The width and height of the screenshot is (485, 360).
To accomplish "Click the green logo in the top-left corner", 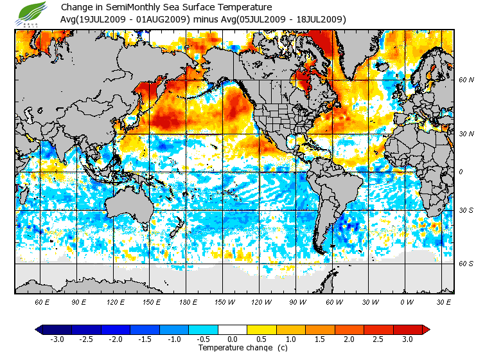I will (x=32, y=12).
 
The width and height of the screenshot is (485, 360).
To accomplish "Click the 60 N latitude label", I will (x=466, y=80).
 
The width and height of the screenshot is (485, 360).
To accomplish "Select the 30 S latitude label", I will (x=466, y=211).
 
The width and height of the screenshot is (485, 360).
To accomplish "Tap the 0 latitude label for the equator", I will (x=460, y=172).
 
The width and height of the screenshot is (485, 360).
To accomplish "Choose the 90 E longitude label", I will (x=78, y=302).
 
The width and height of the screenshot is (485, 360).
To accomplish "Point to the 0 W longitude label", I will (x=406, y=302).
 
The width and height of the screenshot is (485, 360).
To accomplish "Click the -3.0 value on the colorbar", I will (x=57, y=339).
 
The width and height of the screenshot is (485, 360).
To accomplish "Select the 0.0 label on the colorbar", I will (x=233, y=339).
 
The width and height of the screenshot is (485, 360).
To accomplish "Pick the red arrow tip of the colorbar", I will (x=426, y=329).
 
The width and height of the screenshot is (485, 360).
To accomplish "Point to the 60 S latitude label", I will (x=466, y=264).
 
